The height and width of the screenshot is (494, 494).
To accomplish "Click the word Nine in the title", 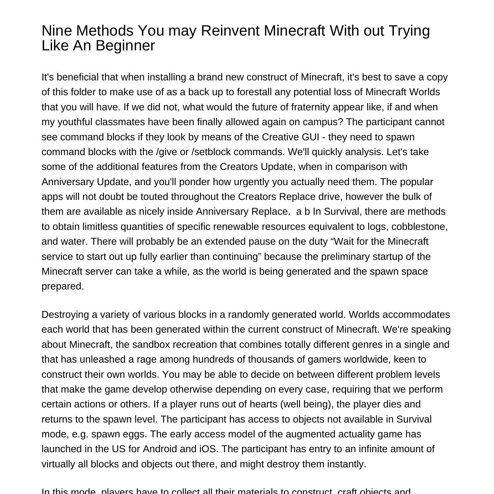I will tap(55, 31).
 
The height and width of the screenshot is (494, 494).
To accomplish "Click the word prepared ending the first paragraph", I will tap(62, 287).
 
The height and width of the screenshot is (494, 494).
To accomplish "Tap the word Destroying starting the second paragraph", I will tap(65, 315).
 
